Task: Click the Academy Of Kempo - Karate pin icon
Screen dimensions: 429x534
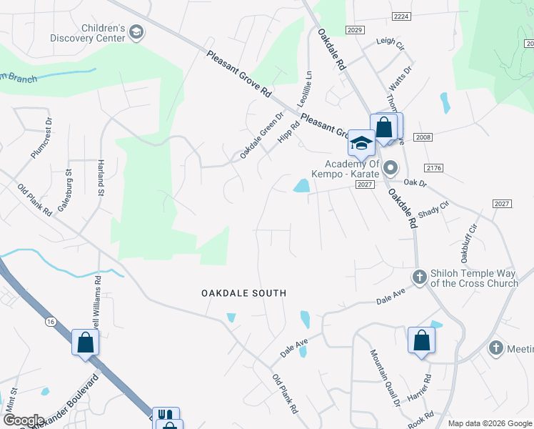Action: (x=391, y=169)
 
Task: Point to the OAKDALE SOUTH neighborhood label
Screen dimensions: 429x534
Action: (x=243, y=293)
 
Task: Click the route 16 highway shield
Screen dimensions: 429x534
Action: (x=50, y=322)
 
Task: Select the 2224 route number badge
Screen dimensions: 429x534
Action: (x=402, y=16)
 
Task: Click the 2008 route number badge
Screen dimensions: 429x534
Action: (x=423, y=137)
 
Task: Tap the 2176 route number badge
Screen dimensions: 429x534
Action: (x=433, y=168)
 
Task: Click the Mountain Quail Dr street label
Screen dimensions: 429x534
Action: (x=385, y=378)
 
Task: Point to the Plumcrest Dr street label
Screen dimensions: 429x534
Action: (x=42, y=143)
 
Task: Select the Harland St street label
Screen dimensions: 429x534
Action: (x=101, y=178)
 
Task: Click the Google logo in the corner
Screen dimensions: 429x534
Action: (x=24, y=420)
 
